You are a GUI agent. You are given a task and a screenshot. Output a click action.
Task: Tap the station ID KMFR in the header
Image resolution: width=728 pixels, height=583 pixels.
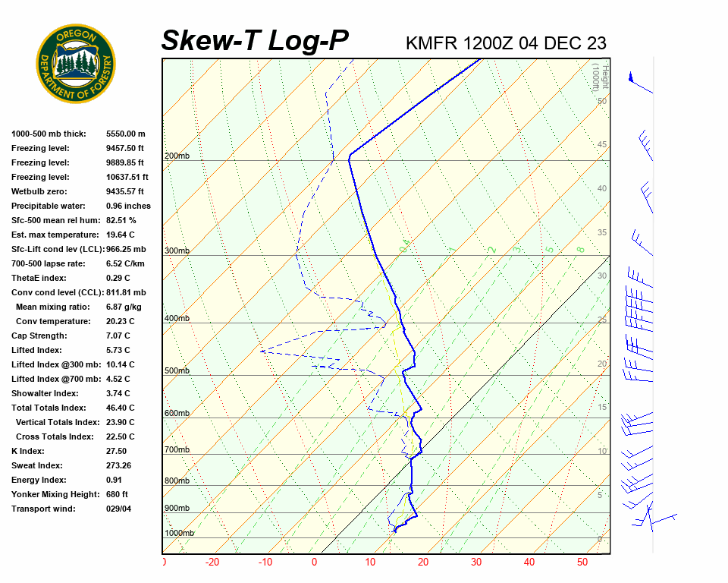click(x=431, y=43)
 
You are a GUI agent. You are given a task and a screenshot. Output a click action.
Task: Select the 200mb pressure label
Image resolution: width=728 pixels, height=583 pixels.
click(x=177, y=156)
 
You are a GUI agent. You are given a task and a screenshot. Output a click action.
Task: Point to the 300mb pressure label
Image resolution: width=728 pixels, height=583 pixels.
click(x=177, y=251)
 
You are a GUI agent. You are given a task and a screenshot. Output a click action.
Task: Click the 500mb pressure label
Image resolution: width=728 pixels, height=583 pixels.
click(x=177, y=371)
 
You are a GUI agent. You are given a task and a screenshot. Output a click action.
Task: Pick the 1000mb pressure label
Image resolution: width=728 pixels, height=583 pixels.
click(x=180, y=534)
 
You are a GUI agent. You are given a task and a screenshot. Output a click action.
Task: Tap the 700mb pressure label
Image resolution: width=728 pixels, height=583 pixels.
click(x=177, y=450)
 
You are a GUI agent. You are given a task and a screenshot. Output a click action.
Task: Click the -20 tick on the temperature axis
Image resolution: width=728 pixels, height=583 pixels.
click(x=212, y=563)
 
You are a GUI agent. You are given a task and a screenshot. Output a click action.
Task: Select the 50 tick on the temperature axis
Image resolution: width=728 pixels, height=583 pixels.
click(x=582, y=563)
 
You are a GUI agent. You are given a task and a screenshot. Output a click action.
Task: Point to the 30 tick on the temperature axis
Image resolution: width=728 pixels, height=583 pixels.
click(x=476, y=563)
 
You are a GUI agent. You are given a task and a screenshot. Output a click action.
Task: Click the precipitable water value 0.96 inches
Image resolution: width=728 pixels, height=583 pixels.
click(x=128, y=206)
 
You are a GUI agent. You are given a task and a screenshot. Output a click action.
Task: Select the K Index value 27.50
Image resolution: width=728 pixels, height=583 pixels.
click(x=117, y=451)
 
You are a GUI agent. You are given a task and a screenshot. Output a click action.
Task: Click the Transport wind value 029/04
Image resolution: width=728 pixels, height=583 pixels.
click(x=119, y=509)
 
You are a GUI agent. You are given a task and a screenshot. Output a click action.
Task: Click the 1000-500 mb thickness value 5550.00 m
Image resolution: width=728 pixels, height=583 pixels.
click(x=126, y=134)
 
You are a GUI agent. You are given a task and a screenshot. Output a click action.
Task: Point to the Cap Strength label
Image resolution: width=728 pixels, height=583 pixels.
click(x=39, y=336)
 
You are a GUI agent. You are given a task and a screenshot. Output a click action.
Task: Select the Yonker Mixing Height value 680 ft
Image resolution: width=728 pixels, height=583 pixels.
click(x=117, y=494)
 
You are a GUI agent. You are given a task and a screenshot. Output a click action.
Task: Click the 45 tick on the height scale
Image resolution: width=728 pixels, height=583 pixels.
click(x=602, y=145)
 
